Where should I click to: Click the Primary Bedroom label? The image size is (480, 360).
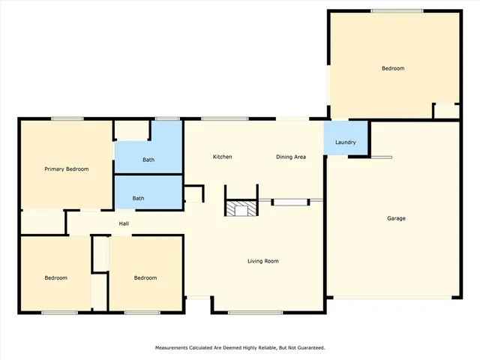(x=66, y=169)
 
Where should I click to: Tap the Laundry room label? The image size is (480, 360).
(x=345, y=142)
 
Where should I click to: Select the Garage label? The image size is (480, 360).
(x=396, y=218)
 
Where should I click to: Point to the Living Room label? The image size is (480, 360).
(x=263, y=261)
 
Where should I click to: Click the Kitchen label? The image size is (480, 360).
(x=222, y=157)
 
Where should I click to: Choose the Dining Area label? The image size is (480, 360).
(x=291, y=157)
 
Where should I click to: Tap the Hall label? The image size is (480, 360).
(x=125, y=223)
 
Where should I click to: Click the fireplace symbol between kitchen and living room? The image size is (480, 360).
(x=241, y=208)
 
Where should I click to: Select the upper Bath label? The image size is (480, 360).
(x=148, y=160)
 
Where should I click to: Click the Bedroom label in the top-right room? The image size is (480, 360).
(x=393, y=68)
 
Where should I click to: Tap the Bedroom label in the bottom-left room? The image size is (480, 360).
(x=55, y=277)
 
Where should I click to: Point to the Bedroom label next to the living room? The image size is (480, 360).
(x=145, y=277)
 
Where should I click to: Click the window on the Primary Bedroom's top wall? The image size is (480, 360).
(x=67, y=118)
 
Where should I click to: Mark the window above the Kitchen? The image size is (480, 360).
(x=225, y=118)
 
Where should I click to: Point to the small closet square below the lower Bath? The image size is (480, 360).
(x=193, y=195)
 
